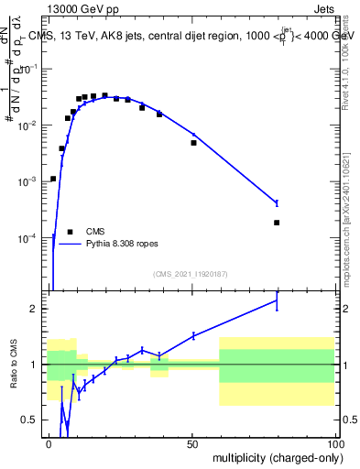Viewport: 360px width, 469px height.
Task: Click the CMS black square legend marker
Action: tap(70, 232)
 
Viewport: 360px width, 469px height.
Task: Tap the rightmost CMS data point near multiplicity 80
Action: tap(277, 223)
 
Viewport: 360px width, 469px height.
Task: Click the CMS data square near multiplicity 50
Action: tap(193, 143)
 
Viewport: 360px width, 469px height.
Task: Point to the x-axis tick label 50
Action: tap(191, 443)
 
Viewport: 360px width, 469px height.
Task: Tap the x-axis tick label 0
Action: tap(49, 443)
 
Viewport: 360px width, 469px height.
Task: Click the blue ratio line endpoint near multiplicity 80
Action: tap(277, 300)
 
